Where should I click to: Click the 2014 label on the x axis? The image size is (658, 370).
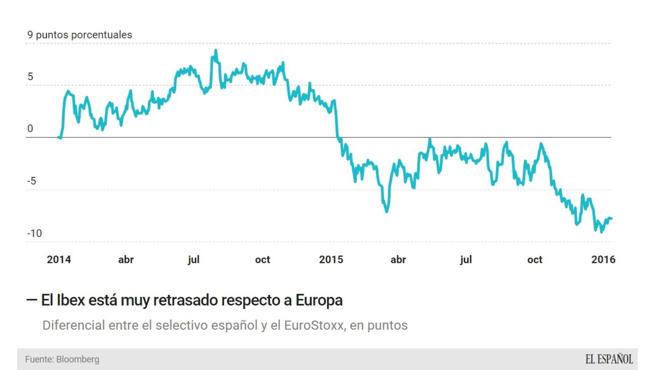(x=59, y=259)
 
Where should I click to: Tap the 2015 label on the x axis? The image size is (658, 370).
(x=331, y=259)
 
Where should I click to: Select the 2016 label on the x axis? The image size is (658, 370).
(x=603, y=259)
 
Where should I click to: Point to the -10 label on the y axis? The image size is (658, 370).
(x=34, y=233)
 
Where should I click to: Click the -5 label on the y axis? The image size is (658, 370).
(x=32, y=181)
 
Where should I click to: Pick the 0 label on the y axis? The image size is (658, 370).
(x=30, y=129)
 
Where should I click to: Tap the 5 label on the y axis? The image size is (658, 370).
(x=30, y=77)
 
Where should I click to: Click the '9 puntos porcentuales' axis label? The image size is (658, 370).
(x=79, y=35)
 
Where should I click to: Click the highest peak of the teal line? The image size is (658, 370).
(x=216, y=50)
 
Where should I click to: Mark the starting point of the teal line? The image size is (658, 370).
(x=58, y=137)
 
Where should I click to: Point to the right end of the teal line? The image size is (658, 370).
(x=611, y=219)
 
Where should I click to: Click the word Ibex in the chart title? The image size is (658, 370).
(x=71, y=300)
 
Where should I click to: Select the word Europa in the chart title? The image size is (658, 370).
(x=319, y=300)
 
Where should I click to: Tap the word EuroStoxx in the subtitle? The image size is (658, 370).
(x=314, y=325)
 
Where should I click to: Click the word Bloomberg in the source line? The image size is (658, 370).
(x=78, y=359)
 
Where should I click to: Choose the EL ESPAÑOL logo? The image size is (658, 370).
(x=609, y=359)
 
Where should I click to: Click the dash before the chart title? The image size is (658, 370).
(x=31, y=300)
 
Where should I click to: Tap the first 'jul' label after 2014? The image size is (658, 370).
(x=194, y=259)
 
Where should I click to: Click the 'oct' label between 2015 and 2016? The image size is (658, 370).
(x=535, y=259)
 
